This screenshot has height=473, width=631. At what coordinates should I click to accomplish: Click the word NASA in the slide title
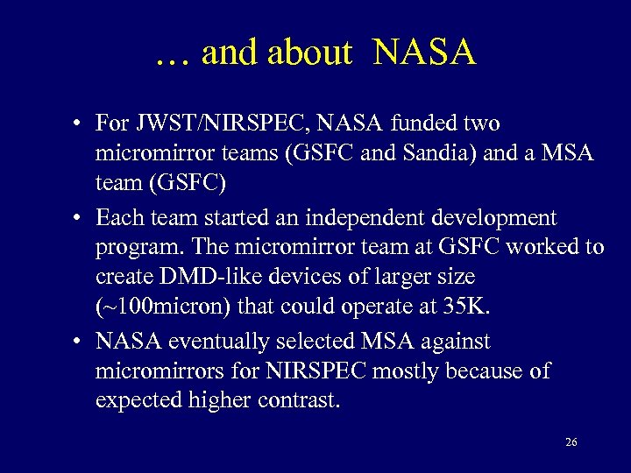pos(424,53)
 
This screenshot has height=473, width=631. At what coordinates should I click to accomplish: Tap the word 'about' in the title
pos(309,53)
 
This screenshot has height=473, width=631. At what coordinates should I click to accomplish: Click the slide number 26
pos(571,442)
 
